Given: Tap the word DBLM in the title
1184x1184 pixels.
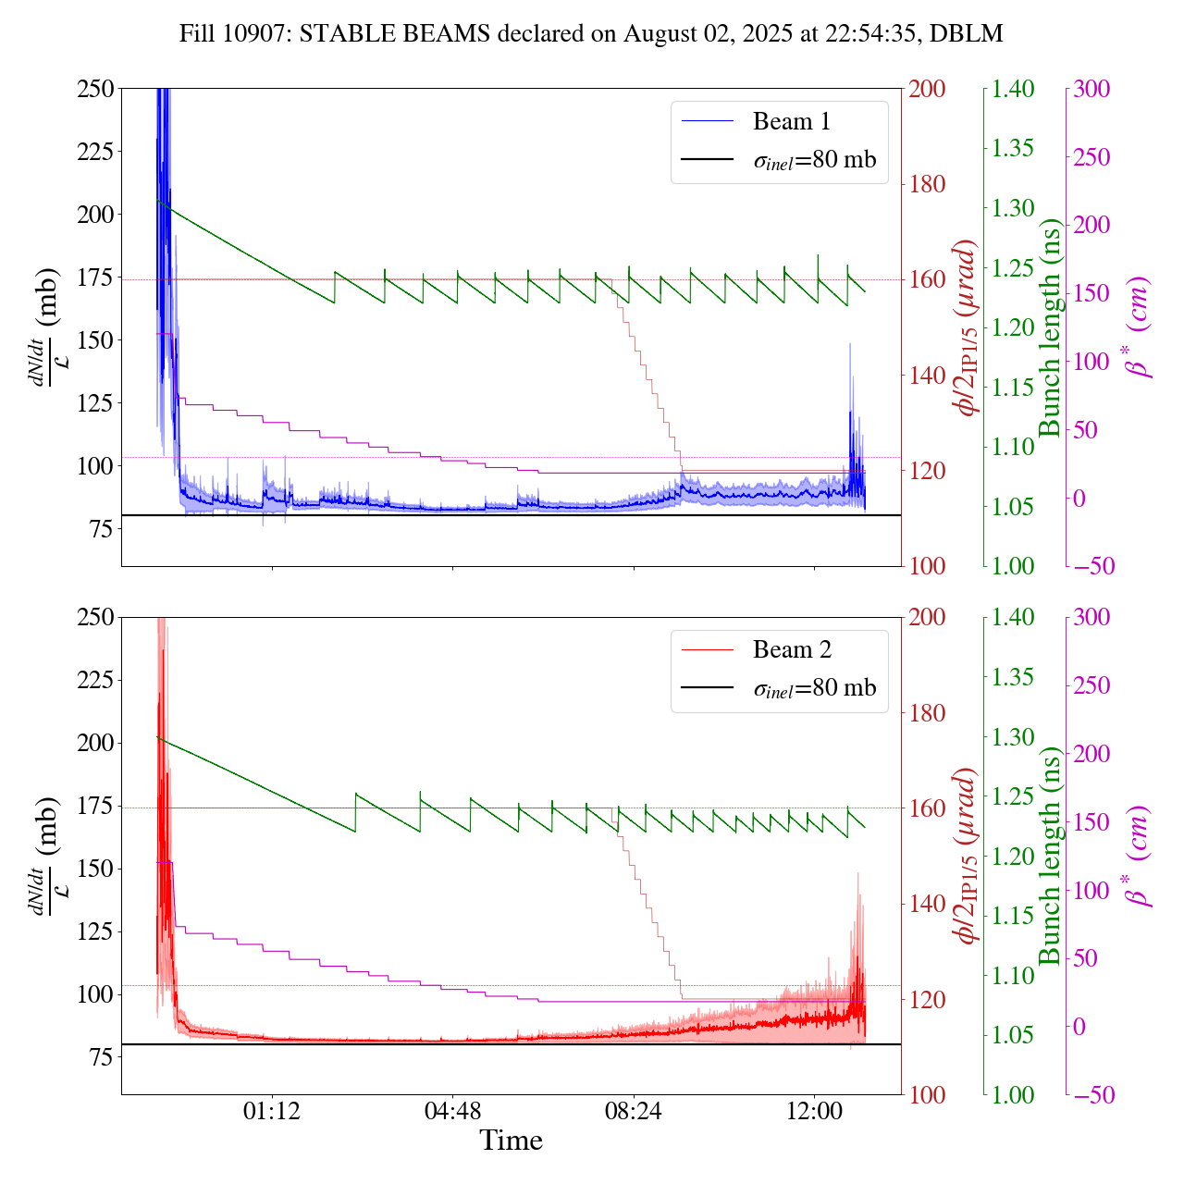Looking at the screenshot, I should [x=967, y=34].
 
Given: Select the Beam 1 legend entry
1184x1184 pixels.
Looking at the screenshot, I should [x=791, y=121].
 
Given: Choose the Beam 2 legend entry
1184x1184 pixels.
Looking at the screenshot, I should [x=791, y=650].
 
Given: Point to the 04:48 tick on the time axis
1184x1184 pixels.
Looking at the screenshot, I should [x=452, y=1110].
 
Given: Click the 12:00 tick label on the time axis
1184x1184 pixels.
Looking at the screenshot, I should [x=814, y=1110].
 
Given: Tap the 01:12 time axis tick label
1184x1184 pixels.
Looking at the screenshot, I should [x=272, y=1110].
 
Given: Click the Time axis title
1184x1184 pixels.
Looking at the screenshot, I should [x=511, y=1141].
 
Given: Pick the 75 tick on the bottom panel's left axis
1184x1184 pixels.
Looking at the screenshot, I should [x=99, y=1057].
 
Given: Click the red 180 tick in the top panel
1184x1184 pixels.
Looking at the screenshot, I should [x=928, y=184].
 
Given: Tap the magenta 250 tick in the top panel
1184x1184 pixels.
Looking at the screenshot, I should [x=1091, y=157].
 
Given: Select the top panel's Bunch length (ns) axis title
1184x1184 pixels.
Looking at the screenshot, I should [x=1050, y=327].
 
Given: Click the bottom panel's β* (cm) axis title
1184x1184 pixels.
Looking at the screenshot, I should [x=1139, y=856].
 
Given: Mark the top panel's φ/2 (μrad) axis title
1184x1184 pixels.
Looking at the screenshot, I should [x=968, y=327].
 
